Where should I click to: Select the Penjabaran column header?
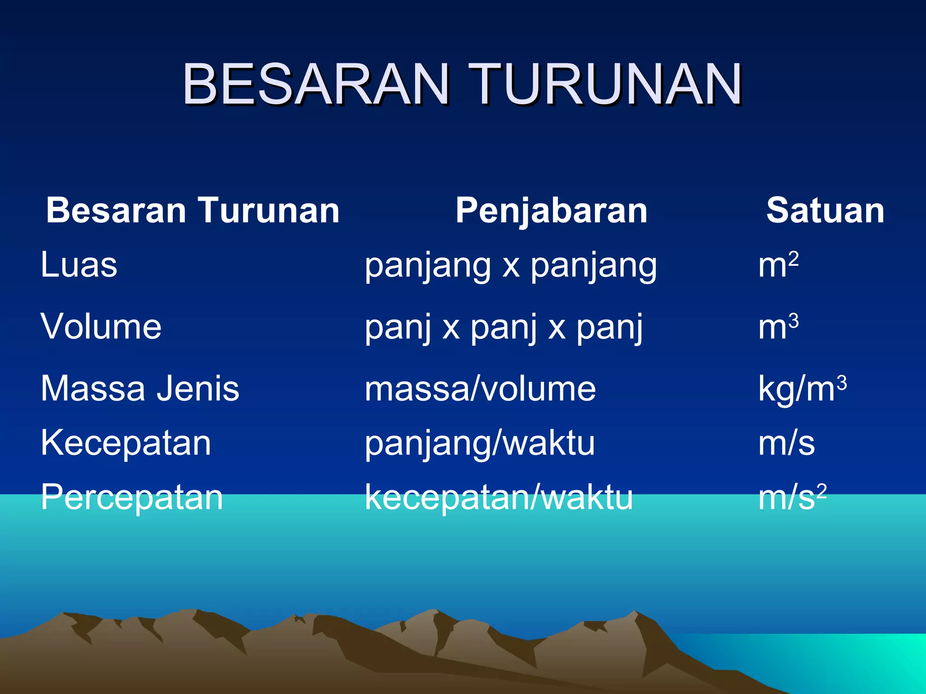coord(551,211)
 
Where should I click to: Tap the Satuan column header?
coord(825,211)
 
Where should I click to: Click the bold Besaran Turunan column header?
coord(193,211)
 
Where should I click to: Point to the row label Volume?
coord(101,327)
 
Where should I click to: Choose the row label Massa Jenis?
coord(140,389)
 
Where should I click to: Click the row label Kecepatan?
coord(126,443)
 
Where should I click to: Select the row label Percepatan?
coord(132,497)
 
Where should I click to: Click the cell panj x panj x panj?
coord(503,327)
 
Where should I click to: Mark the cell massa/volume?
coord(480,389)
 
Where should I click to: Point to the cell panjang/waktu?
coord(480,444)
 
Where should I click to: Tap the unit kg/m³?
coord(802,389)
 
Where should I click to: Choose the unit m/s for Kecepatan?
coord(786,444)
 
